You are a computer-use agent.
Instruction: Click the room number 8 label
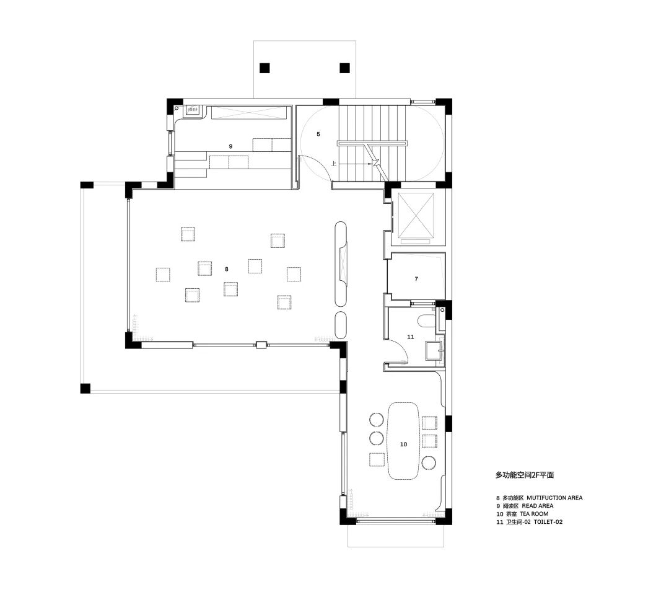[x=227, y=269]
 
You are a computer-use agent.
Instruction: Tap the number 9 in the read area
[x=230, y=146]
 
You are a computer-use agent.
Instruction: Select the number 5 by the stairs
[x=318, y=134]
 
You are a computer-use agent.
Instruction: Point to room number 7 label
[x=416, y=279]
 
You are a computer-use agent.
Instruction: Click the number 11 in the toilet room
[x=411, y=337]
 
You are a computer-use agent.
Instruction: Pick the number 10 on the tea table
[x=404, y=444]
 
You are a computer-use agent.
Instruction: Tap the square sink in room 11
[x=433, y=350]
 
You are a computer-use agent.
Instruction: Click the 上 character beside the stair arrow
[x=334, y=164]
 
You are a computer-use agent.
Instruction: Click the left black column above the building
[x=265, y=68]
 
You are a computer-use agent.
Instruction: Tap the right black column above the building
[x=345, y=68]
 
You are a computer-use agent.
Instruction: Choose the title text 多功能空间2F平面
[x=525, y=475]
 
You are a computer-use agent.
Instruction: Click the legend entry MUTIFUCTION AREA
[x=554, y=498]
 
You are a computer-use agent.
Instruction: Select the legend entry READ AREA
[x=538, y=506]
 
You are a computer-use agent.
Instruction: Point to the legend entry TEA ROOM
[x=534, y=514]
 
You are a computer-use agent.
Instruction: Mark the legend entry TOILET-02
[x=548, y=522]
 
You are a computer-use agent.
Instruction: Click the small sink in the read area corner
[x=193, y=110]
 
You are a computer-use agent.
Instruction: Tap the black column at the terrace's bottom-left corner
[x=85, y=388]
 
